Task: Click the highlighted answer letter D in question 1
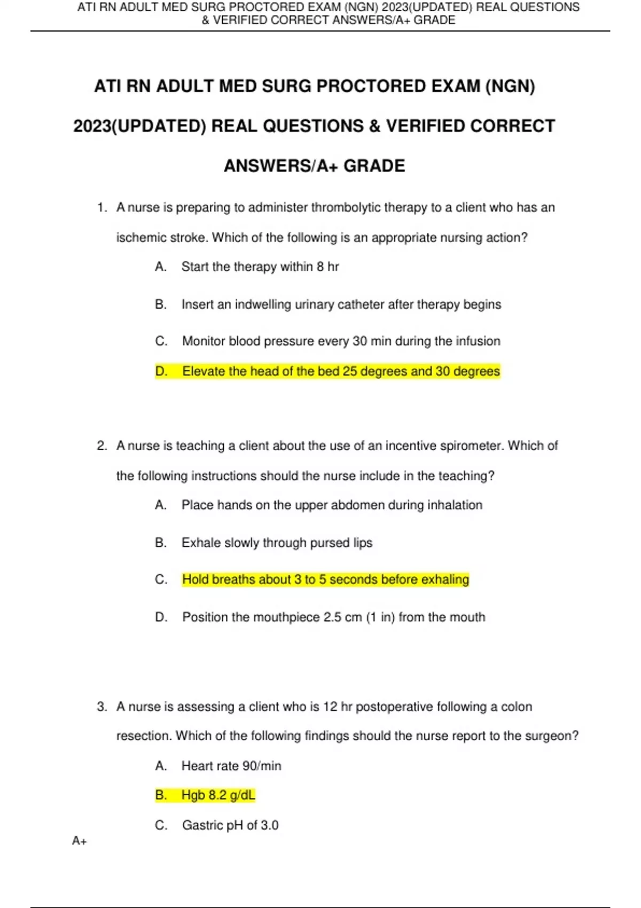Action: click(x=160, y=371)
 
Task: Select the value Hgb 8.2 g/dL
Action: click(x=218, y=795)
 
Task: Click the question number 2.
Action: click(x=102, y=445)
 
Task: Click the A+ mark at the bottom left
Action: click(x=80, y=841)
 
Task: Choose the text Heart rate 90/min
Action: click(x=231, y=766)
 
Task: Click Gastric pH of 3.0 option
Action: click(x=230, y=825)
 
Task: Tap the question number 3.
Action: click(x=102, y=707)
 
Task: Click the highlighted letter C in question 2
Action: click(x=161, y=580)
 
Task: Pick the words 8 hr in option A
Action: click(x=327, y=267)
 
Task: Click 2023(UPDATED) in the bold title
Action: click(x=139, y=126)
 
